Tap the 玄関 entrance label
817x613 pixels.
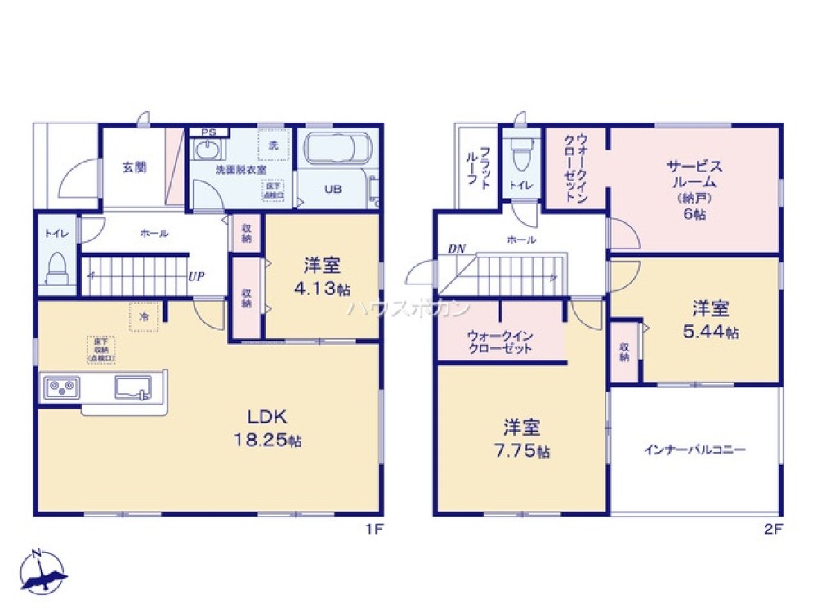coord(135,168)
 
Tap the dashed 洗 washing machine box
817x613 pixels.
coord(272,145)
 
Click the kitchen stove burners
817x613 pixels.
coord(61,385)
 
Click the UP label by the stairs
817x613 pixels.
coord(196,276)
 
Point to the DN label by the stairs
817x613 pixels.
coord(455,249)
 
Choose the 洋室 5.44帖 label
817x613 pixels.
coord(711,320)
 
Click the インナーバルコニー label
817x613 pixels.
coord(695,450)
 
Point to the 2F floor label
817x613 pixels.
coord(773,529)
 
